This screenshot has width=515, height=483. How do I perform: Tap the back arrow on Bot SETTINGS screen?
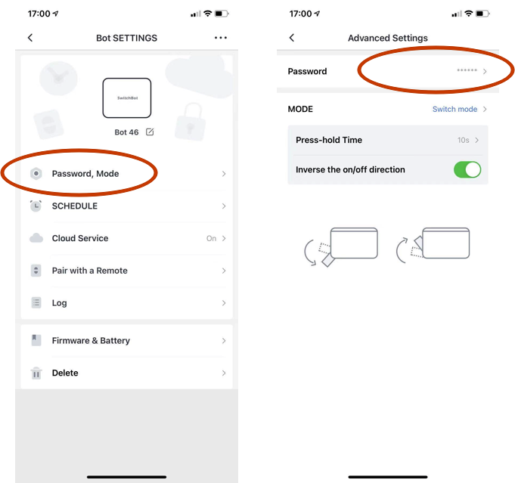[x=30, y=38]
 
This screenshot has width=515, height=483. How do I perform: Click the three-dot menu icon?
[x=220, y=38]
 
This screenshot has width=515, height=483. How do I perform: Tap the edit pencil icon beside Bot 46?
[x=150, y=132]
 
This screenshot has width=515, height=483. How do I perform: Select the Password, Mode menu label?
[x=85, y=174]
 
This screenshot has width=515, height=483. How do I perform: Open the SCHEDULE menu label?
[x=75, y=206]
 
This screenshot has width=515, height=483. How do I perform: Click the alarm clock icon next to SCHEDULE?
[x=36, y=206]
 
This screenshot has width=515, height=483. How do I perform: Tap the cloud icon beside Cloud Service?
[x=36, y=238]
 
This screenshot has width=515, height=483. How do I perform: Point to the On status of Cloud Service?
[x=211, y=238]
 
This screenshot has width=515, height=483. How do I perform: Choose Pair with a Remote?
[x=90, y=271]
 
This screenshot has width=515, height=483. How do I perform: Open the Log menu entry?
[x=60, y=303]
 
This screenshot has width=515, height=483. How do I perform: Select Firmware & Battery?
[x=91, y=340]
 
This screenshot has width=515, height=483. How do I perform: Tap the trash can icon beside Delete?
[x=36, y=373]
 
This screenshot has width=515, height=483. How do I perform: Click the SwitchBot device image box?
[x=127, y=98]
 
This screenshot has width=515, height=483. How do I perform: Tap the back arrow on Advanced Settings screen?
[x=292, y=38]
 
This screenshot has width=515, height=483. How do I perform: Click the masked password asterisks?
[x=467, y=70]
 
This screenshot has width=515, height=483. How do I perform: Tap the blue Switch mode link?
[x=455, y=109]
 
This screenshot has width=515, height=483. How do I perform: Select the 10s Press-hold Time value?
[x=463, y=140]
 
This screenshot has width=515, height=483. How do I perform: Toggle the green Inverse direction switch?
[x=467, y=170]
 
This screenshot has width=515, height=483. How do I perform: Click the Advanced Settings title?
[x=388, y=38]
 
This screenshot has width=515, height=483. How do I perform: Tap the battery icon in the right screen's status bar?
[x=482, y=14]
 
